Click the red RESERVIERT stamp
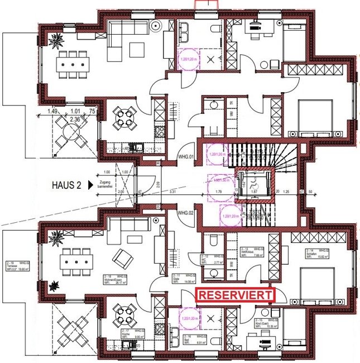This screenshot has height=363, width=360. tap(236, 295)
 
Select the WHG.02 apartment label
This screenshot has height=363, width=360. tap(185, 213)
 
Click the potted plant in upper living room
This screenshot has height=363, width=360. tap(56, 40)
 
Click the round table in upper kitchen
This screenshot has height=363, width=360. tap(121, 118)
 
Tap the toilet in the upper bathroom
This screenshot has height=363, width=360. tap(214, 29)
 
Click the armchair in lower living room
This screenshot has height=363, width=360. tap(121, 258)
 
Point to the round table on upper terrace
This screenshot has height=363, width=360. tap(72, 134)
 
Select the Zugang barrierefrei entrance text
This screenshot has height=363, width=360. tap(107, 185)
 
